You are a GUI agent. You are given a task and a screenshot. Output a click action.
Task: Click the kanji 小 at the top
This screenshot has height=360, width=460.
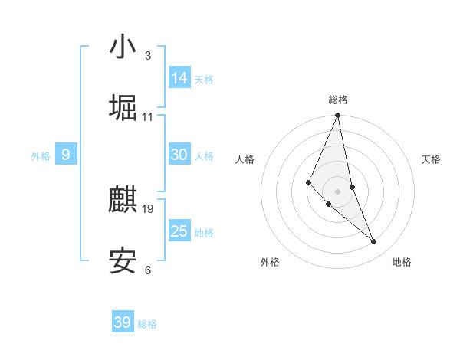click(123, 47)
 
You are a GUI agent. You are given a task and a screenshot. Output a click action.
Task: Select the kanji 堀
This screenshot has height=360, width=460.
click(123, 108)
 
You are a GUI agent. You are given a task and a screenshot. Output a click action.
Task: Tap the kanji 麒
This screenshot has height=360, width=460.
click(123, 201)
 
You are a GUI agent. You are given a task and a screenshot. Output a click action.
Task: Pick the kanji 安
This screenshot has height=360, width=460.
click(123, 262)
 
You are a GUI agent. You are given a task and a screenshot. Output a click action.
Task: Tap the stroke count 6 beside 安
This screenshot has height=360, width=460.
click(147, 270)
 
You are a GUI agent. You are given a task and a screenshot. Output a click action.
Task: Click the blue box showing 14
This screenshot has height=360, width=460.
click(179, 77)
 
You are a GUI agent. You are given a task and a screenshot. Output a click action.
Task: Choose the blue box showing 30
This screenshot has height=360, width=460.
click(179, 155)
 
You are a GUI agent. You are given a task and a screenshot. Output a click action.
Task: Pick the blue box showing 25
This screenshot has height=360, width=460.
click(179, 231)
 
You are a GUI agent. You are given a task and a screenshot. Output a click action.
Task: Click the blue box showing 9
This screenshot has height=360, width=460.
click(66, 155)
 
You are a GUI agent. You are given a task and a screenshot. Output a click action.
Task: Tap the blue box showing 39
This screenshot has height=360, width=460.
click(123, 322)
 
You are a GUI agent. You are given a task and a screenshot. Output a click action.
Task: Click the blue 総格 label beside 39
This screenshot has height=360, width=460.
click(147, 324)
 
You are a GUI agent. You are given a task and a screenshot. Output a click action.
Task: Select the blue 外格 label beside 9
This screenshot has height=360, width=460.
click(41, 156)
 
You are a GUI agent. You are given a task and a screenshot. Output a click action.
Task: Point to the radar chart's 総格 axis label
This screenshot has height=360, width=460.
click(338, 100)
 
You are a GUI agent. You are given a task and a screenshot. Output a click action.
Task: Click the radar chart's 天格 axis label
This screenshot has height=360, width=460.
click(431, 159)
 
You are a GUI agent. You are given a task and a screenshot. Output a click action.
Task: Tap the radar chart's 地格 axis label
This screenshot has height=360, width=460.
click(402, 262)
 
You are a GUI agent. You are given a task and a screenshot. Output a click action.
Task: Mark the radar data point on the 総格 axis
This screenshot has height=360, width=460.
click(337, 116)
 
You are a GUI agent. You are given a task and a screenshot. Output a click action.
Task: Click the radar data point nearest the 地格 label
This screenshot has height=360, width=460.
click(374, 242)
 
